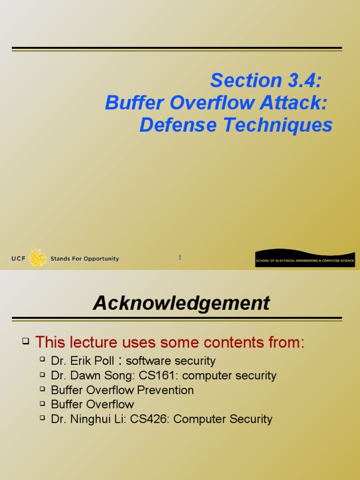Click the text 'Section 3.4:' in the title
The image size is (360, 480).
266,80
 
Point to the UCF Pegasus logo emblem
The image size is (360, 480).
38,258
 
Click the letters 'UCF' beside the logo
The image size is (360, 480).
19,259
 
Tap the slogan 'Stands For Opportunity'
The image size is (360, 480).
84,259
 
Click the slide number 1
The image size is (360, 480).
180,258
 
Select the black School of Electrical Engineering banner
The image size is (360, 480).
305,259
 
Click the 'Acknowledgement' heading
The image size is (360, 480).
181,303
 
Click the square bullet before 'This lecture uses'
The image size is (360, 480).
26,342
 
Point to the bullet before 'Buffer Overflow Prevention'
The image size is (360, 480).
42,389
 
